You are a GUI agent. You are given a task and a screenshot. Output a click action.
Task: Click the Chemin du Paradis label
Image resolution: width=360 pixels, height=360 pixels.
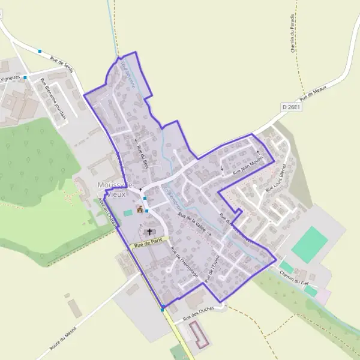tap(292, 34)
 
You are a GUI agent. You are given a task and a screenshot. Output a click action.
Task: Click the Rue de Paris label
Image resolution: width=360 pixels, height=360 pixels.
tap(149, 242)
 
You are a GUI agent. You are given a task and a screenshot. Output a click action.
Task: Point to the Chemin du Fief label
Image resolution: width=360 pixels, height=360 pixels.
tap(293, 275)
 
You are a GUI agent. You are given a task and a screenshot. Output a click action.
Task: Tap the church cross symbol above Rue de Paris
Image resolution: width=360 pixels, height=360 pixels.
tap(149, 231)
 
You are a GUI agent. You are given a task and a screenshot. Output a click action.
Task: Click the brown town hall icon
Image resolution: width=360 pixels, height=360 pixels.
tap(140, 209)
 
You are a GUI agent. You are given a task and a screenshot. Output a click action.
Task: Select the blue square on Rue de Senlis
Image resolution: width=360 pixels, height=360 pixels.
tap(40, 52)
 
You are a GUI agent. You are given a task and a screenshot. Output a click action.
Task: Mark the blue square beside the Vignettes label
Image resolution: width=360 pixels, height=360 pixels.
tap(25, 77)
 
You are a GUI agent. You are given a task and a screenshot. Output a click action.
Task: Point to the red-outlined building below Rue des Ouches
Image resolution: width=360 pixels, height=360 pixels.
tap(199, 335)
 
